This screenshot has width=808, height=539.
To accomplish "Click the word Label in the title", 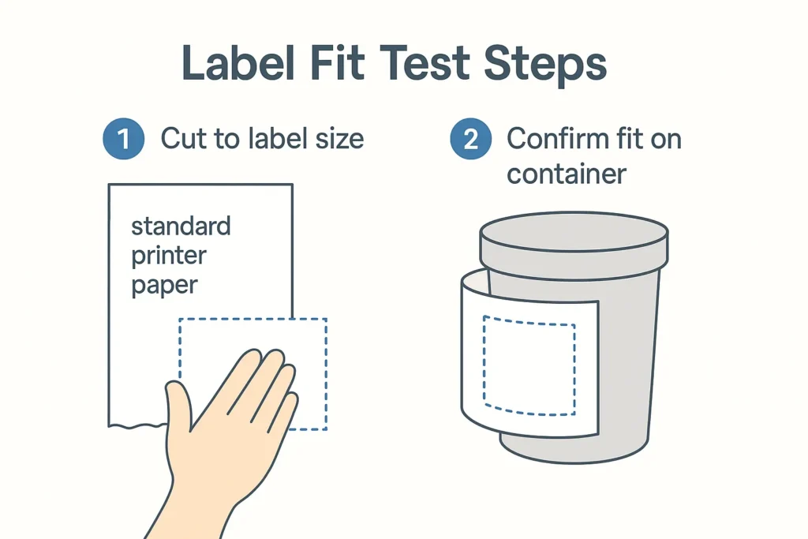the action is click(x=238, y=62).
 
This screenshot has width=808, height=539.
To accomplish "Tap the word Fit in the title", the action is click(x=337, y=62).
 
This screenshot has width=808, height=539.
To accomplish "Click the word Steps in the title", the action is click(x=545, y=65).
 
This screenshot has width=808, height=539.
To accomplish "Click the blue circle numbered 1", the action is click(x=124, y=139).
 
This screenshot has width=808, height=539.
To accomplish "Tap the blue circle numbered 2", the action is click(x=470, y=139).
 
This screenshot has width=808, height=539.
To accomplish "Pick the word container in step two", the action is click(x=567, y=174).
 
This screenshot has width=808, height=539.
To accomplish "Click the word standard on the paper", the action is click(x=181, y=226).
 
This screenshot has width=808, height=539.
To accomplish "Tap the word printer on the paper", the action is click(x=169, y=256).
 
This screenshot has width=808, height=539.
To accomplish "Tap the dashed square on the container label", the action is click(x=529, y=366).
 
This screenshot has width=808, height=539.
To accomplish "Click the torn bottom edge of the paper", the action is click(x=138, y=425).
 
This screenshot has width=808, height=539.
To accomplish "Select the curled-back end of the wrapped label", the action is click(x=474, y=281).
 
